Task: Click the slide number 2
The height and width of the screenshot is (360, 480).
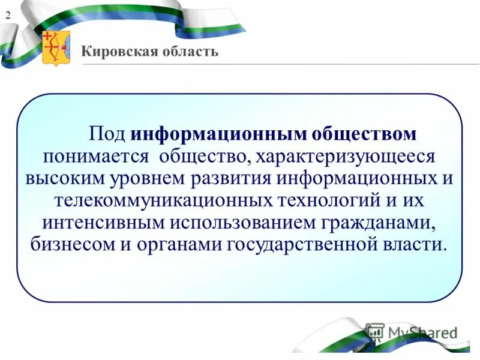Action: point(8,17)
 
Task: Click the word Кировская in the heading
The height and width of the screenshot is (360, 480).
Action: point(115,52)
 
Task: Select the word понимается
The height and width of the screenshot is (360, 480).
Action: point(95,157)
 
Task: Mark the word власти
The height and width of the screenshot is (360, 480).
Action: point(417,245)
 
